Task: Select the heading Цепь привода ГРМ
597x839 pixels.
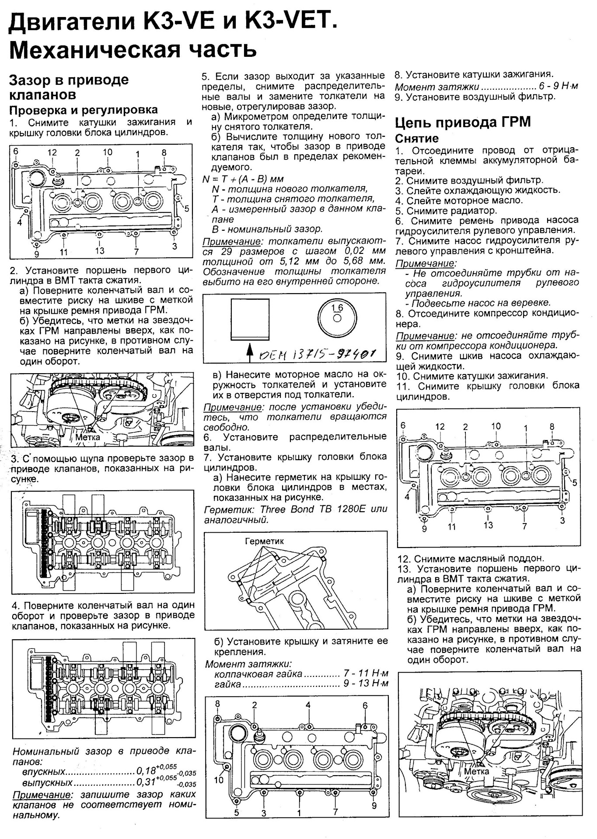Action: [x=463, y=122]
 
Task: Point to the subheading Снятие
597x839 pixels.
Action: [x=416, y=138]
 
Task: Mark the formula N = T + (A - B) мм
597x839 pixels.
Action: [x=243, y=179]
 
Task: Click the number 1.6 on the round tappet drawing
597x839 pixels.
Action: [x=337, y=308]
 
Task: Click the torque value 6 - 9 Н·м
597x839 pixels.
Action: [x=559, y=87]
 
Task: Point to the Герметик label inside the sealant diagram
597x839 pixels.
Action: [x=264, y=541]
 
